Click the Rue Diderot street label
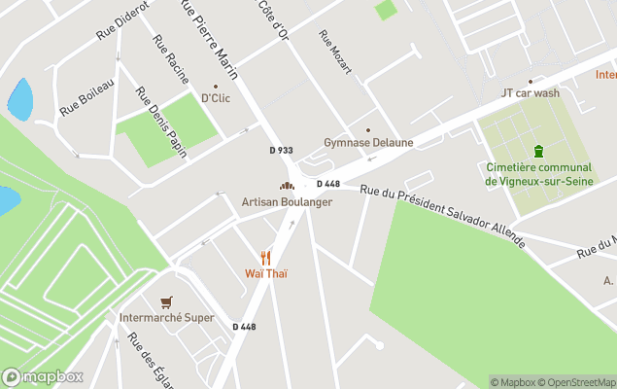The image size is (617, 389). (x=121, y=20)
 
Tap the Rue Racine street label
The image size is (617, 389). (x=170, y=60)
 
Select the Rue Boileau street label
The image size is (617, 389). (x=87, y=97)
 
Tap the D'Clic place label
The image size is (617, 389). (x=215, y=98)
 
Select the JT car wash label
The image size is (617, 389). (x=530, y=93)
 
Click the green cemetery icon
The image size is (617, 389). (x=538, y=151)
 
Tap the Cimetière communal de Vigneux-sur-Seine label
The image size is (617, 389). (x=538, y=173)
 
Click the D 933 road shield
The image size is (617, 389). (x=281, y=150)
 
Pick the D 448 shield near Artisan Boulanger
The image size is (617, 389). (x=328, y=184)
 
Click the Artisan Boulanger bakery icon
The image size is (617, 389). (x=287, y=186)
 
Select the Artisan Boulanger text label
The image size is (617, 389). (x=287, y=202)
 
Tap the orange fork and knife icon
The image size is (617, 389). (x=265, y=257)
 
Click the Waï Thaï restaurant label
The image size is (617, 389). (x=265, y=273)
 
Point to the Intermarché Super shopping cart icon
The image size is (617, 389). (x=166, y=302)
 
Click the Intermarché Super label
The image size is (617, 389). (x=166, y=318)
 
